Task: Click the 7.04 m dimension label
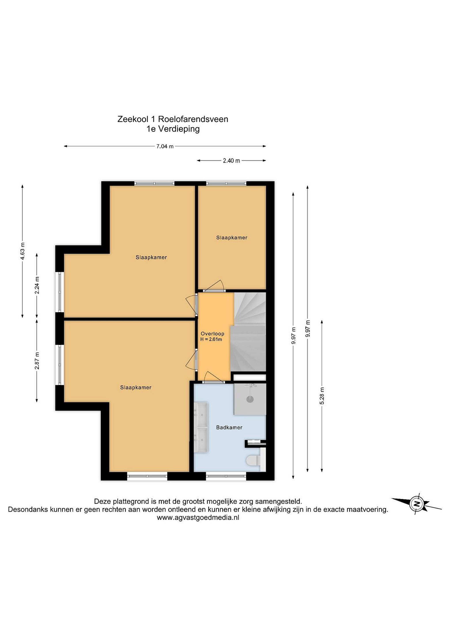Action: pyautogui.click(x=165, y=146)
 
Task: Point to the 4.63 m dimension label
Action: pyautogui.click(x=23, y=251)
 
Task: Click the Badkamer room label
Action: pyautogui.click(x=229, y=428)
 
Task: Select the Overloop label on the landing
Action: pyautogui.click(x=212, y=334)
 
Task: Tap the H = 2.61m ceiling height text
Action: pyautogui.click(x=211, y=339)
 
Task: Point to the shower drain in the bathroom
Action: pyautogui.click(x=250, y=399)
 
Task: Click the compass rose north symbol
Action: pyautogui.click(x=416, y=504)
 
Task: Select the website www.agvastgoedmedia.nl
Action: pyautogui.click(x=198, y=517)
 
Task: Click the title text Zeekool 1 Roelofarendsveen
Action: pyautogui.click(x=173, y=119)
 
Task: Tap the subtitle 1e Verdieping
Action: pyautogui.click(x=173, y=129)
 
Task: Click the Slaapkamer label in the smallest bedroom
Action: pyautogui.click(x=232, y=238)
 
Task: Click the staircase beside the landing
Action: pyautogui.click(x=248, y=332)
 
